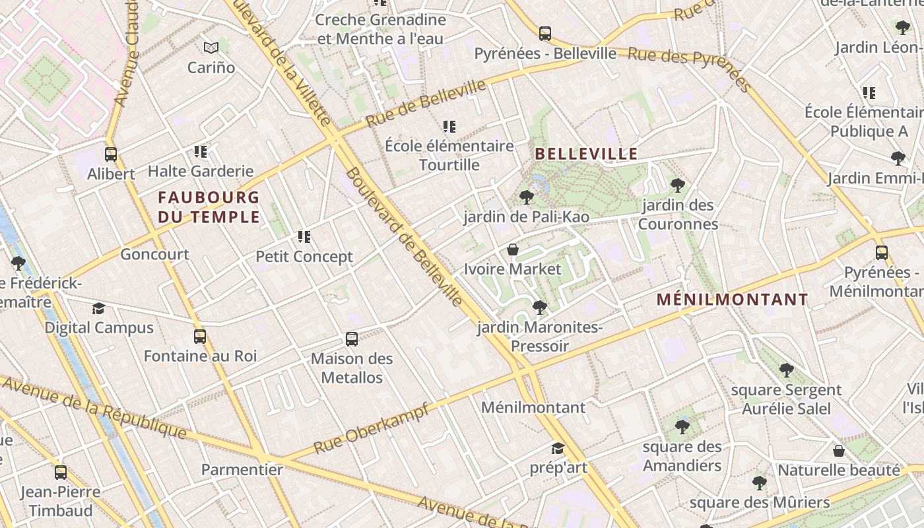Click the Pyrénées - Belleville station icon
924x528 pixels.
coord(544,33)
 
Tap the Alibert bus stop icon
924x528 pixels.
coord(111,154)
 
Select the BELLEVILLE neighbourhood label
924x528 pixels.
coord(586,154)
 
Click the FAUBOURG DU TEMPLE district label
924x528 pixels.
coord(209,207)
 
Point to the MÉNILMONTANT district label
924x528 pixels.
coord(732,300)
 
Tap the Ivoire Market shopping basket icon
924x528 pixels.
coord(512,249)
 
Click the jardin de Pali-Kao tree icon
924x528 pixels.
coord(526,197)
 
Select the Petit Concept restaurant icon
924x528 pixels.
coord(304,236)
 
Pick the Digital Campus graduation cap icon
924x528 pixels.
coord(98,308)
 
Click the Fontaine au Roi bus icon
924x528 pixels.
coord(200,337)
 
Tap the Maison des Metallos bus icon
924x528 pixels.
coord(352,339)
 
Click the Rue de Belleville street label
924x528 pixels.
coord(426,104)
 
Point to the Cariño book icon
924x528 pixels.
coord(211,48)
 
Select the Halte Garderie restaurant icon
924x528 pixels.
coord(201,152)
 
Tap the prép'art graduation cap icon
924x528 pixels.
coord(558,449)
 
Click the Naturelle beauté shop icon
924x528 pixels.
coord(838,451)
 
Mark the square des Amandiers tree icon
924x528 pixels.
coord(682,427)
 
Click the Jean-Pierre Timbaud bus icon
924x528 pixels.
coord(61,473)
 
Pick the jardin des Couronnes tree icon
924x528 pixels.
coord(677,185)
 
